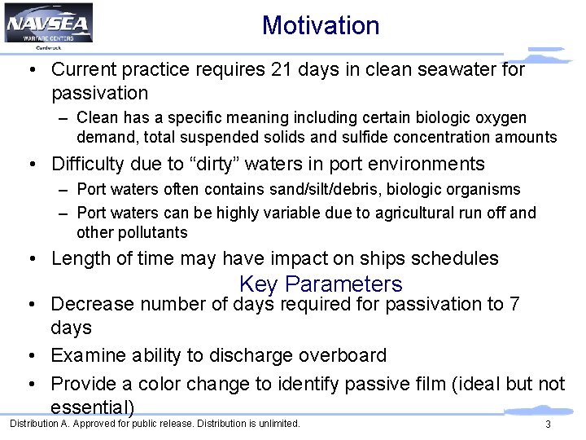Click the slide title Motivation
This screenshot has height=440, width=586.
click(x=321, y=25)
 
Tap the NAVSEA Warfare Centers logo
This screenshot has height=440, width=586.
click(x=48, y=24)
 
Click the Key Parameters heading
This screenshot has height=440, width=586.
click(x=321, y=284)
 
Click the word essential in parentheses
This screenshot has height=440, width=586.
click(x=90, y=407)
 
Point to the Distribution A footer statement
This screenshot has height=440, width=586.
click(x=155, y=424)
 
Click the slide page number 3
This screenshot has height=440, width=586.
click(x=548, y=425)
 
